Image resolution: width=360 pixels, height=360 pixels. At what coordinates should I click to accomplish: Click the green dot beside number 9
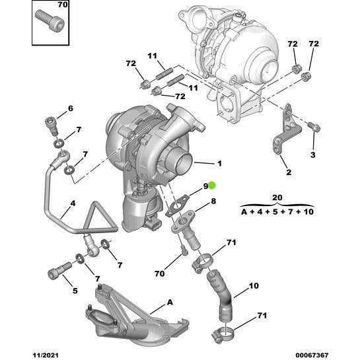[212, 186]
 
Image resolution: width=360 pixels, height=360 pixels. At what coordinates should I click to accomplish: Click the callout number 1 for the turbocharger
[219, 163]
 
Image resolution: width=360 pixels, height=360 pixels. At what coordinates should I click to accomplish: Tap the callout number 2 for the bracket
[289, 172]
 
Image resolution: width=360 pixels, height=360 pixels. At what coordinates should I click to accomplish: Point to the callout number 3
[313, 155]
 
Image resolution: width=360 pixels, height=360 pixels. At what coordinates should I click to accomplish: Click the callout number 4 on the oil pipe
[73, 203]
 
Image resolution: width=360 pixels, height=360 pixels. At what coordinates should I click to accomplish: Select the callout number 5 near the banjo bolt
[75, 291]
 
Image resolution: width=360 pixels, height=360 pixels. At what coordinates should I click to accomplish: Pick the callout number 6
[71, 108]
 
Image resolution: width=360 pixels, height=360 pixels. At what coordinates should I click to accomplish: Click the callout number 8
[213, 201]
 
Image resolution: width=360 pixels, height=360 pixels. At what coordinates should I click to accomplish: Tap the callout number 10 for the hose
[254, 286]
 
